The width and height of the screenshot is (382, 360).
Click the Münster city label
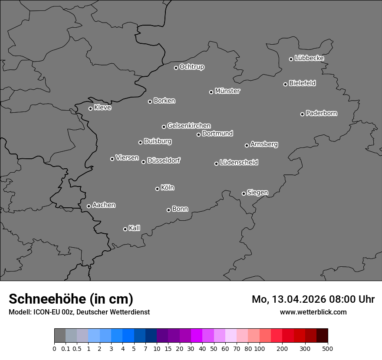click(x=227, y=91)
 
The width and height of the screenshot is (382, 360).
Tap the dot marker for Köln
click(x=157, y=189)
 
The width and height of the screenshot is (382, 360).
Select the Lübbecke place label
click(x=309, y=58)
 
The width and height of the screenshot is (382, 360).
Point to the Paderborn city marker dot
click(x=303, y=114)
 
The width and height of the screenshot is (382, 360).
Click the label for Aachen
click(x=104, y=205)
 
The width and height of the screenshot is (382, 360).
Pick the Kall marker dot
click(x=125, y=229)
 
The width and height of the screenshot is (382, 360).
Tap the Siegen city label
click(x=257, y=193)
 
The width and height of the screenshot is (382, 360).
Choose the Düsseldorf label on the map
click(x=164, y=160)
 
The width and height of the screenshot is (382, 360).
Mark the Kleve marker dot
click(x=90, y=108)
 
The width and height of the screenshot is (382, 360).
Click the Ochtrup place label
click(x=192, y=67)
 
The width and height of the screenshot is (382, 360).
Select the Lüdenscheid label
click(x=239, y=163)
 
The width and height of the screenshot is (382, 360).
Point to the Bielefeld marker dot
click(x=286, y=84)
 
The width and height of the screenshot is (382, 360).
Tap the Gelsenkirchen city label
click(x=189, y=126)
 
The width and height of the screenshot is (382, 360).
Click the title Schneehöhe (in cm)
click(x=71, y=299)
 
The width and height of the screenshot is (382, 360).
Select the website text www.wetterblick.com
click(x=313, y=312)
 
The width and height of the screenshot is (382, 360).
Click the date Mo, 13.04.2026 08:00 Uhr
click(x=313, y=299)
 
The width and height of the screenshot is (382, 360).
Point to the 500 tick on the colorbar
click(x=328, y=348)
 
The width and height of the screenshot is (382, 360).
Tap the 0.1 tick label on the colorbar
click(x=65, y=348)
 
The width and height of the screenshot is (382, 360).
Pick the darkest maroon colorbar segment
click(x=322, y=336)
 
